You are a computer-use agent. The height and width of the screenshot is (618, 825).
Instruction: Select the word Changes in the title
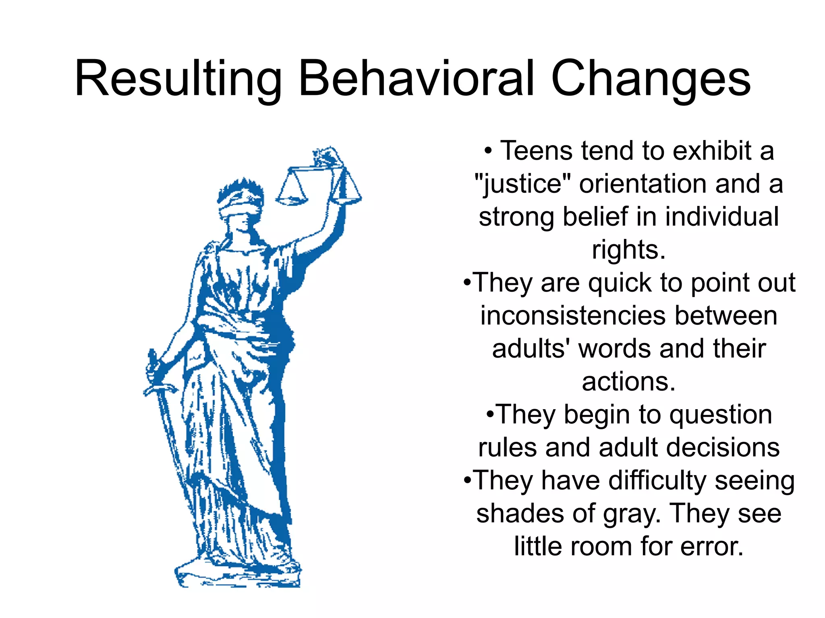click(x=651, y=78)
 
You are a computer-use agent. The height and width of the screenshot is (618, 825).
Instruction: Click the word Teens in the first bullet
click(x=536, y=151)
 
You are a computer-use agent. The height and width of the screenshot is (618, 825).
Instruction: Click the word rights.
click(x=628, y=250)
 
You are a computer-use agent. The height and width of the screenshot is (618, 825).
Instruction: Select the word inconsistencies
click(x=572, y=316)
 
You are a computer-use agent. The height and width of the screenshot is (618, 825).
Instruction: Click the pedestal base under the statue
click(x=238, y=575)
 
